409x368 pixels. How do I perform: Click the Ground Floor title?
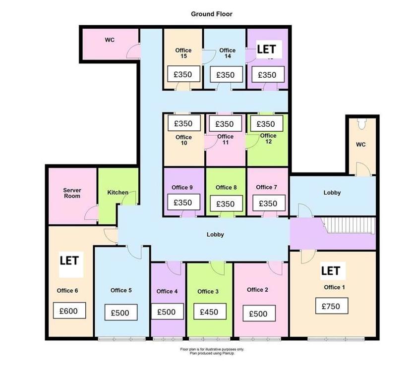(212, 14)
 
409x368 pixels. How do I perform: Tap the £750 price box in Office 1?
(332, 306)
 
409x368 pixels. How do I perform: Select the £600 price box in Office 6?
(69, 311)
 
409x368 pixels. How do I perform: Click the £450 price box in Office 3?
(210, 311)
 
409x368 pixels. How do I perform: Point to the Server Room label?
(72, 193)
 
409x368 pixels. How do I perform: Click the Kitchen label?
(117, 193)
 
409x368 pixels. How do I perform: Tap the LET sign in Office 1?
(331, 271)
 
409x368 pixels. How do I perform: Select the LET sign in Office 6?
(69, 261)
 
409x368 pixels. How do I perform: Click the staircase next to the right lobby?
(349, 226)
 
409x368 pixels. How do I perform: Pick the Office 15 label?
(183, 53)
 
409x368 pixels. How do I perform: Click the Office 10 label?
(183, 140)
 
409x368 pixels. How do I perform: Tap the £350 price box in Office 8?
(226, 203)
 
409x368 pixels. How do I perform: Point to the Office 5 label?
(121, 290)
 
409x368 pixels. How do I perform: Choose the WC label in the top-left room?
(110, 40)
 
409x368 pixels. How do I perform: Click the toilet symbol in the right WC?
(361, 124)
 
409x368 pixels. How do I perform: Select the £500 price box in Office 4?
(167, 312)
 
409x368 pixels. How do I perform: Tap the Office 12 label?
(268, 139)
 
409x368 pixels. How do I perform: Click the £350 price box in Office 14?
(226, 74)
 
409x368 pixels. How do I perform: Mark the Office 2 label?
(257, 290)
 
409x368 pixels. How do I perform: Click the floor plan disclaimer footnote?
(212, 351)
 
